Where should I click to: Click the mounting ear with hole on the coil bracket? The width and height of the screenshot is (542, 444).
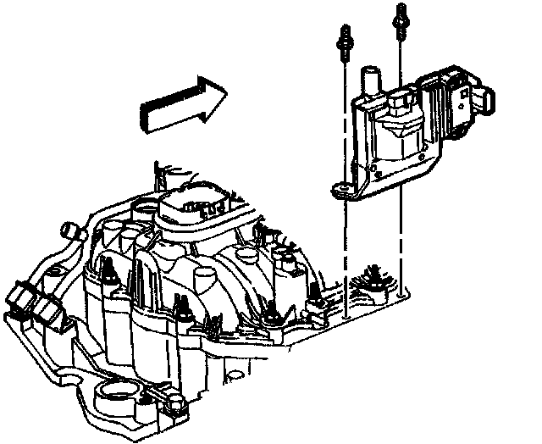pos(341,191)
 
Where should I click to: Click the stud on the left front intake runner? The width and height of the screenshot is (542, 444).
pos(111,275)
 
